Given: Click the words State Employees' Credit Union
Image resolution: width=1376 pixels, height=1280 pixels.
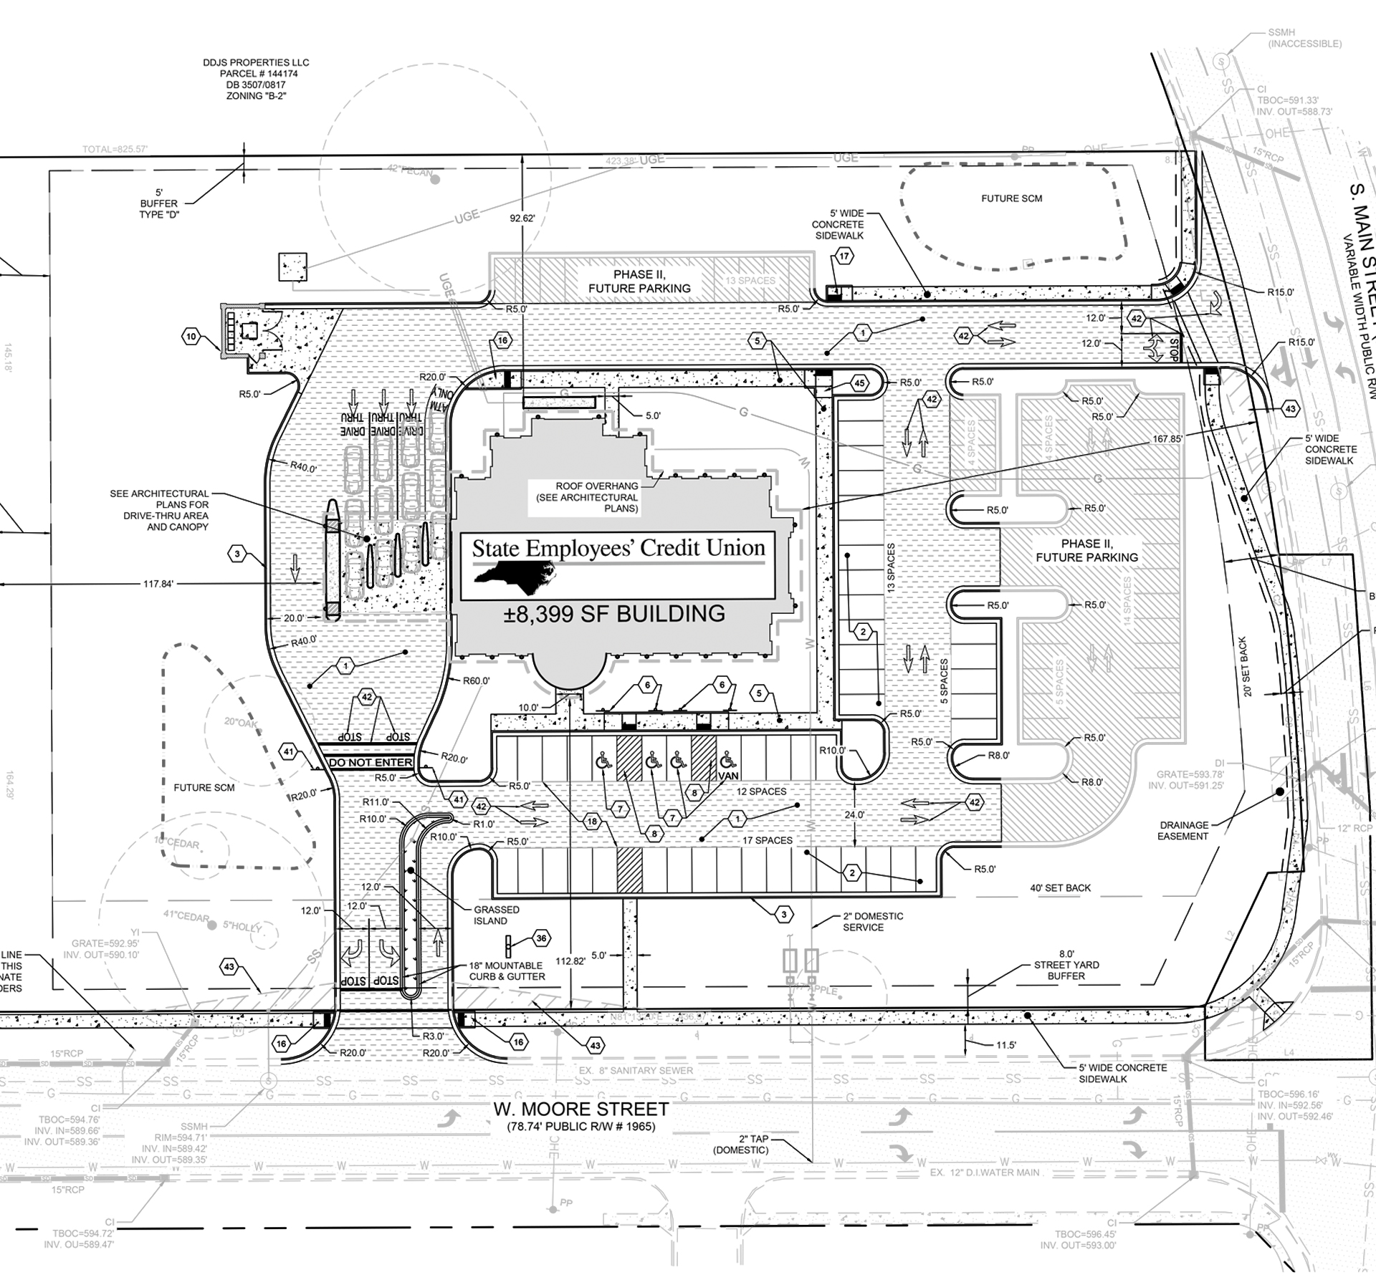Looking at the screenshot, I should click(x=618, y=549).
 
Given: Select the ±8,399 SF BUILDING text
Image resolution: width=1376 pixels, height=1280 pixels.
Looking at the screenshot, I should click(x=614, y=614).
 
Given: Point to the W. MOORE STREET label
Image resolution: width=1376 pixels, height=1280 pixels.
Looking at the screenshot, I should click(x=580, y=1110).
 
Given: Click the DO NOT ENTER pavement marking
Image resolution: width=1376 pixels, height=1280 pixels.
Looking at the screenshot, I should click(x=371, y=763).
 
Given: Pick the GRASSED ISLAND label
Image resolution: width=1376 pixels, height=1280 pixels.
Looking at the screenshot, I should click(x=496, y=915).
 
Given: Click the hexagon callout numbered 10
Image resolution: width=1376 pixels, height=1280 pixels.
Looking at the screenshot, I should click(x=191, y=337).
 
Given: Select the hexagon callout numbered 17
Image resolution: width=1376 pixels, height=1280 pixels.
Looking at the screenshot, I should click(x=844, y=256).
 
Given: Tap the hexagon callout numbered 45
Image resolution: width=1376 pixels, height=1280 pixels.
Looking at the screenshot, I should click(x=860, y=384).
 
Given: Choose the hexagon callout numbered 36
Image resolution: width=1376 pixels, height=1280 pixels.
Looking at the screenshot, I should click(x=541, y=938).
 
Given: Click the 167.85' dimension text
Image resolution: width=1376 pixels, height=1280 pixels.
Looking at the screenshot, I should click(x=1167, y=438).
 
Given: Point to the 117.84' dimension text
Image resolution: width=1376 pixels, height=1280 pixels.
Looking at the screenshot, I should click(x=158, y=584).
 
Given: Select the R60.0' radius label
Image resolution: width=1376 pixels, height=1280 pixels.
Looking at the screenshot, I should click(x=477, y=681).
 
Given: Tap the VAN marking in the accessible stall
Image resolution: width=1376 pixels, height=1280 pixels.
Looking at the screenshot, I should click(x=728, y=776).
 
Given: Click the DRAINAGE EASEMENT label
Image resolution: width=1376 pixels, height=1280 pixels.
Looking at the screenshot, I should click(x=1182, y=830).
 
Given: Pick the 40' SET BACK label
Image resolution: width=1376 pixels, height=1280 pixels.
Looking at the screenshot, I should click(x=1060, y=888).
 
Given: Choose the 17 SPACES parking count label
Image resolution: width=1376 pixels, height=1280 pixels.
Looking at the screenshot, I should click(x=768, y=840).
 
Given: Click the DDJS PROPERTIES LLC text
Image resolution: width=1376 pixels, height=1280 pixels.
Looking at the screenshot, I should click(x=256, y=63).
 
